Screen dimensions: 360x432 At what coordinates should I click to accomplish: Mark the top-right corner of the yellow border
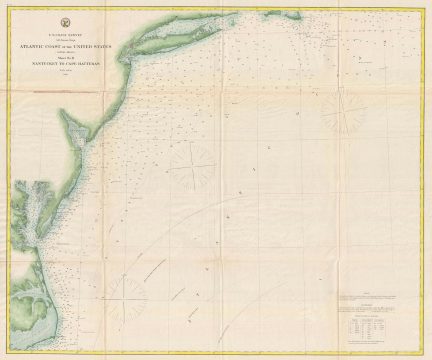425,7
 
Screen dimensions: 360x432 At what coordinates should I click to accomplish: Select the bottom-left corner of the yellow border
8,352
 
